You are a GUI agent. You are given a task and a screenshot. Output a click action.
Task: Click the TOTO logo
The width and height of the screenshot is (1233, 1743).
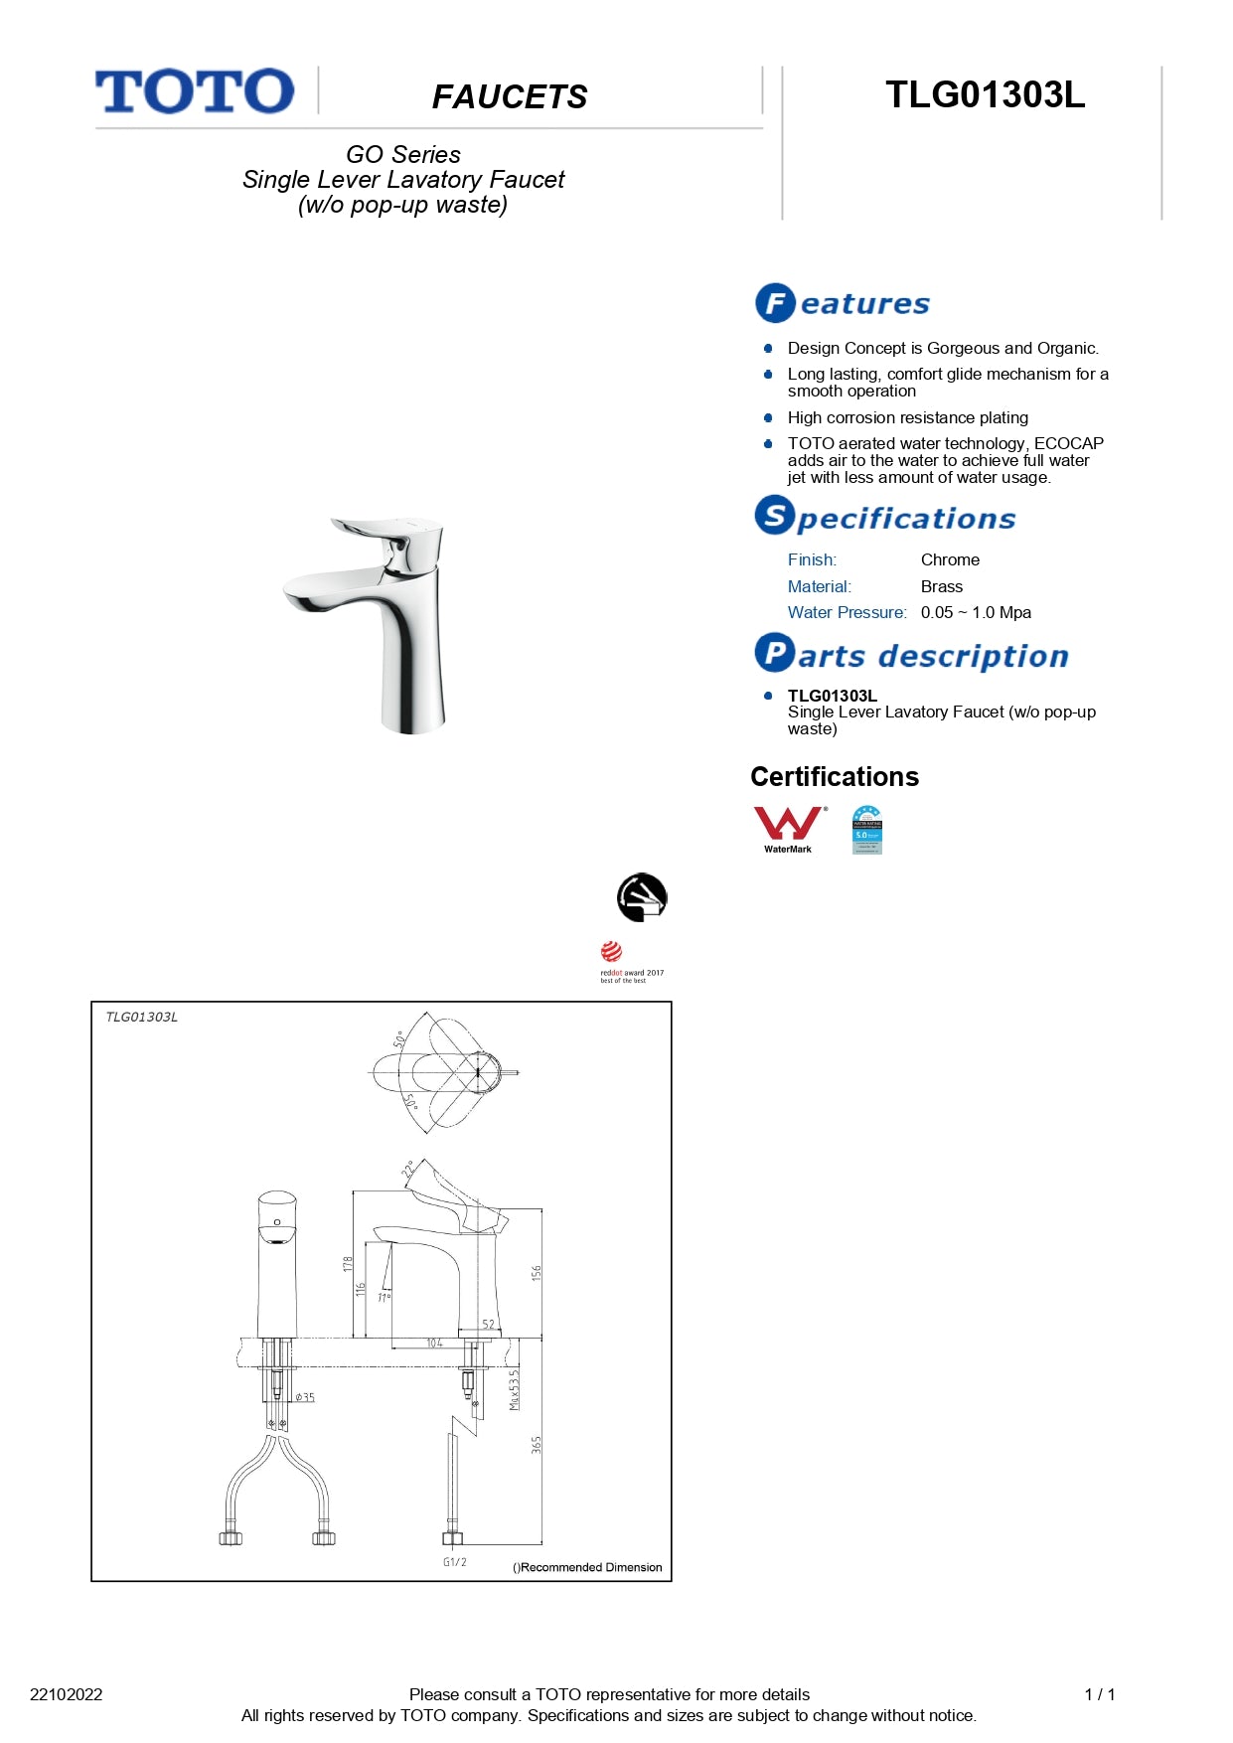[x=195, y=91]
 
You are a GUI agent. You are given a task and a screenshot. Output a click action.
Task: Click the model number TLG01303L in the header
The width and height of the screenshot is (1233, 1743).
[x=985, y=95]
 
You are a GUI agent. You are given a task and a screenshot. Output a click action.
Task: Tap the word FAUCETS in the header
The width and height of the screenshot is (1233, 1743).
[x=510, y=97]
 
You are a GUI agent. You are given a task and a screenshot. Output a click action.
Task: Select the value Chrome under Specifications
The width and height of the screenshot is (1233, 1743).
[x=950, y=560]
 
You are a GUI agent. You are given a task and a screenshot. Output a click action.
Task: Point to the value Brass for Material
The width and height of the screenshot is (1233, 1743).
[x=941, y=587]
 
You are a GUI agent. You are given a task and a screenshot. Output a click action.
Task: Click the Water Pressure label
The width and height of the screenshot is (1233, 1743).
[x=847, y=613]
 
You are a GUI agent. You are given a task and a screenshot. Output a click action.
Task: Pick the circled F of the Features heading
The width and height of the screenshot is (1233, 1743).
[x=775, y=303]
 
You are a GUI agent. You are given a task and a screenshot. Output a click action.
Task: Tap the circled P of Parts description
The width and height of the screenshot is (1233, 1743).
[x=774, y=653]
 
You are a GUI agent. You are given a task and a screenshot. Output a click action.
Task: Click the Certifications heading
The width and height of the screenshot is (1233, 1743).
[x=835, y=777]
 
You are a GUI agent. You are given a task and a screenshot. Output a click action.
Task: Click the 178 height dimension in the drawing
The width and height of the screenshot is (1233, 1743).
[x=348, y=1264]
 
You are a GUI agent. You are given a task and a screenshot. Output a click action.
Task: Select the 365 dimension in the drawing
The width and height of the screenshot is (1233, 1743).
[x=537, y=1445]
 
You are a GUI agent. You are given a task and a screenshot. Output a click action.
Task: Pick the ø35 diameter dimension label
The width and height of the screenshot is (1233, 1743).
[x=305, y=1397]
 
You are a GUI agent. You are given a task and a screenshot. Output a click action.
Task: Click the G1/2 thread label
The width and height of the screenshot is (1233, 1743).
[x=455, y=1562]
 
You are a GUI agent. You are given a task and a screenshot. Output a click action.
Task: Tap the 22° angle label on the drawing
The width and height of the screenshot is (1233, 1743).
[x=407, y=1170]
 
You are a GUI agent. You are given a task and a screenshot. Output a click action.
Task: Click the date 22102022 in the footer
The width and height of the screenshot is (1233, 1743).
[x=67, y=1694]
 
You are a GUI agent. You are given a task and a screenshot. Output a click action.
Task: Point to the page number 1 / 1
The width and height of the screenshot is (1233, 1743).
[x=1100, y=1694]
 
